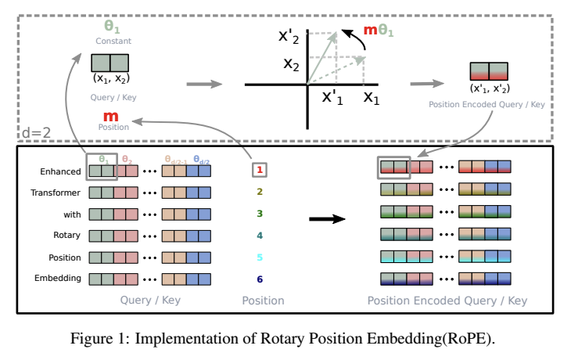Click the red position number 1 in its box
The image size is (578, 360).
[260, 168]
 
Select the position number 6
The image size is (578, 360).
[260, 279]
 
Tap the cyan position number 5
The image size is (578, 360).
[260, 257]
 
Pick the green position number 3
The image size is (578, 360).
[260, 213]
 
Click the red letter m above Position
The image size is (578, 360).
[109, 115]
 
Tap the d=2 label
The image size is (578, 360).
[35, 132]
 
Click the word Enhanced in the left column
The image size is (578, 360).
[59, 170]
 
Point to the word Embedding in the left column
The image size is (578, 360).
[58, 279]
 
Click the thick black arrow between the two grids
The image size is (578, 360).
[327, 219]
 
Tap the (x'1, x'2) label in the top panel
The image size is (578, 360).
[489, 88]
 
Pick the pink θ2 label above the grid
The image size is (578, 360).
[126, 158]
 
